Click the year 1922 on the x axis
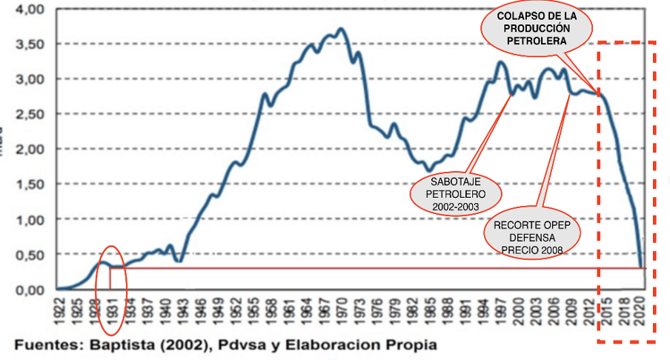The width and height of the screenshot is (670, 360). pyautogui.click(x=59, y=310)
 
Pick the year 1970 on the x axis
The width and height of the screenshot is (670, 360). pyautogui.click(x=340, y=310)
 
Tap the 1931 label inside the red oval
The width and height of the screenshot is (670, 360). pyautogui.click(x=112, y=310)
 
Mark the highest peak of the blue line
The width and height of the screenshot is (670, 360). pyautogui.click(x=340, y=30)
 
